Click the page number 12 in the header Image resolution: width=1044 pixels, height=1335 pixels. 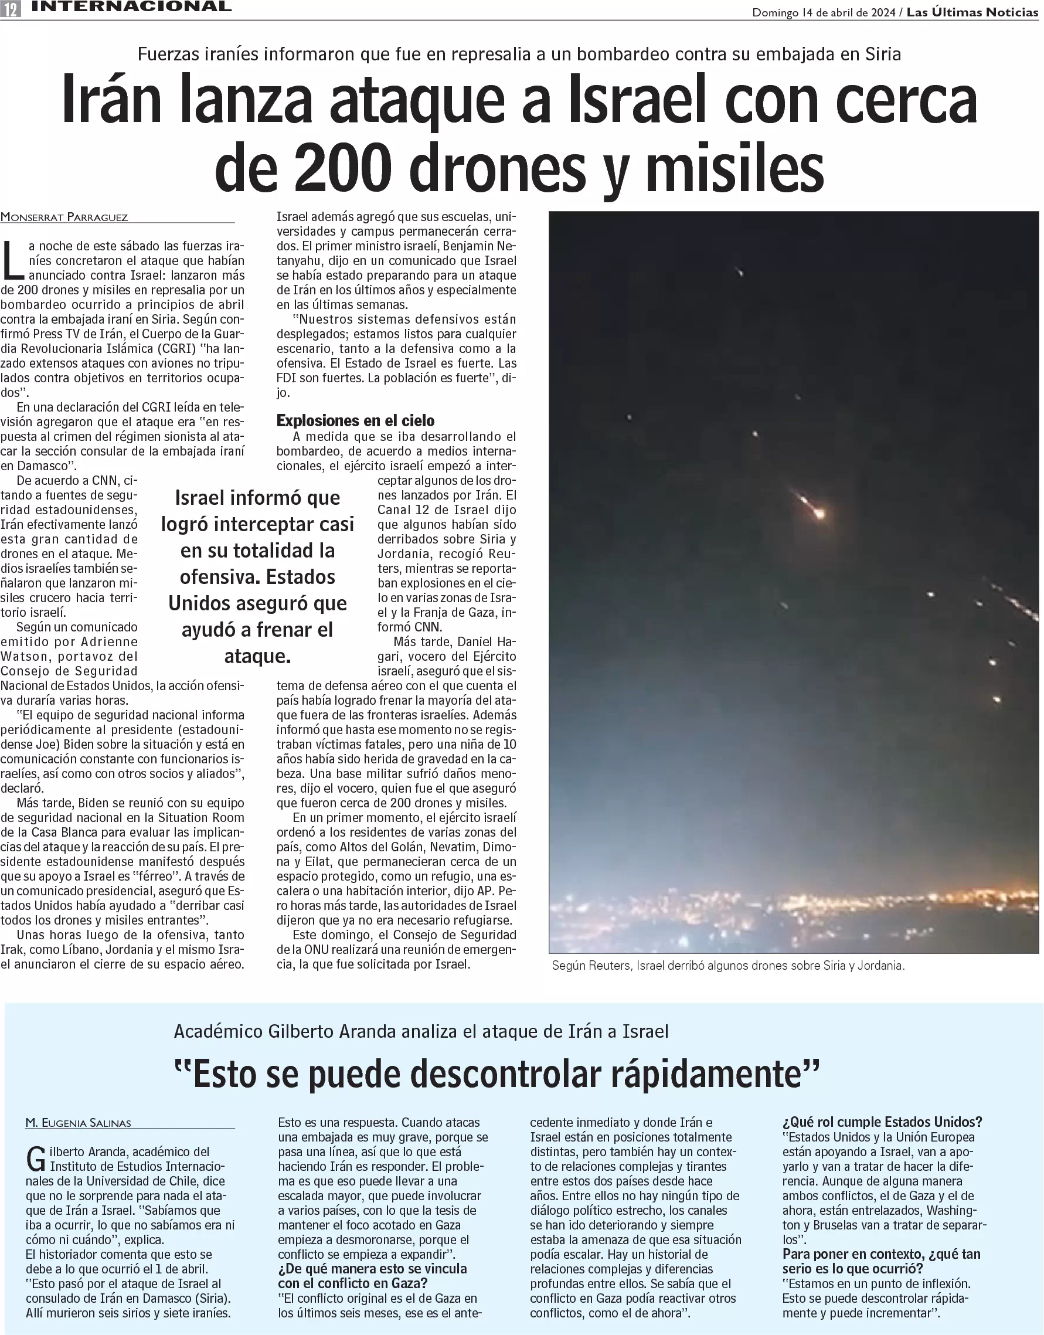(x=11, y=9)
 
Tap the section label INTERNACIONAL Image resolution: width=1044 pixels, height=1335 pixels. (x=131, y=6)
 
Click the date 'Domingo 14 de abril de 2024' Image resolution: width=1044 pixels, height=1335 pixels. (x=824, y=12)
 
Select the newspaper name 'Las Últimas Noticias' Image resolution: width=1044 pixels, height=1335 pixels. (x=972, y=12)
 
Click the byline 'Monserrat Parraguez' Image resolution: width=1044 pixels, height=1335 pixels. (x=64, y=217)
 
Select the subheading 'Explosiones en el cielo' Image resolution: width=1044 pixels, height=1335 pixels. (x=355, y=420)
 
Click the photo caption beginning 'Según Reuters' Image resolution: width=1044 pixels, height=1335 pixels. (x=727, y=966)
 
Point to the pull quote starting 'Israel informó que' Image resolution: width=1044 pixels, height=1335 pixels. (x=257, y=576)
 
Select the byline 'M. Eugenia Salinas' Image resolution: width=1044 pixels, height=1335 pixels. (x=78, y=1123)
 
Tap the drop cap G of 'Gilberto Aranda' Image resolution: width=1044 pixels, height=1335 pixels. (x=36, y=1159)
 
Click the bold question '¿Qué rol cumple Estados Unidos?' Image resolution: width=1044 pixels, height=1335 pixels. (x=882, y=1122)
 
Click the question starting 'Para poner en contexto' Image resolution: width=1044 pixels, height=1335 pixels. (x=882, y=1261)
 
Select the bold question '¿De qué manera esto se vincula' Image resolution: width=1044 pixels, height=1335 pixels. (x=372, y=1268)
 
